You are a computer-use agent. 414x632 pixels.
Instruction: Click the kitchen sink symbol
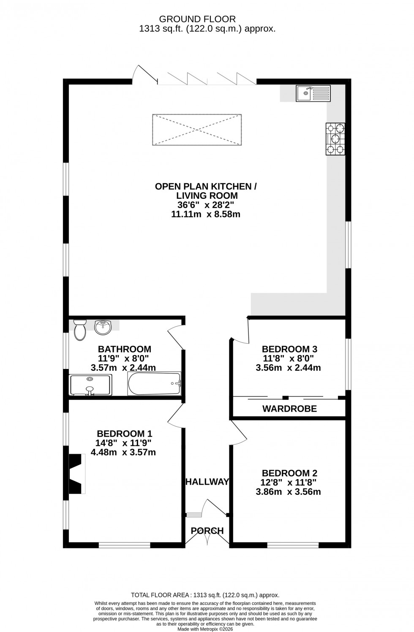click(313, 93)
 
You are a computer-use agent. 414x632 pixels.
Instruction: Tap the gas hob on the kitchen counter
click(335, 138)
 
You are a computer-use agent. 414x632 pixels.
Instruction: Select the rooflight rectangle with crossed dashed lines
click(197, 130)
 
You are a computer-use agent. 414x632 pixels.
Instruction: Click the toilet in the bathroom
click(79, 330)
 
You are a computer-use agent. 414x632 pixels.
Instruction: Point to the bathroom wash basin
click(103, 326)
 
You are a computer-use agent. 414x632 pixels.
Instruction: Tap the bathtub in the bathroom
click(154, 384)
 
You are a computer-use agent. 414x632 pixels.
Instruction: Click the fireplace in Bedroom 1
click(76, 473)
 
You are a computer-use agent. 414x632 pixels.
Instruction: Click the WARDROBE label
click(289, 409)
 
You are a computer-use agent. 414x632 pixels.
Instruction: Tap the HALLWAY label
click(207, 482)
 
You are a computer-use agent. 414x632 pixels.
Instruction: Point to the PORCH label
click(207, 531)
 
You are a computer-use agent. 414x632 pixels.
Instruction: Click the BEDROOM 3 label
click(289, 349)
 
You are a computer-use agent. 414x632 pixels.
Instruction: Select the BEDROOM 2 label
click(289, 473)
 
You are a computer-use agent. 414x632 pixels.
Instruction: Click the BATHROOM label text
click(125, 349)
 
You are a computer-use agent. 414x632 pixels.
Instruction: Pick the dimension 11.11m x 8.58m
click(205, 214)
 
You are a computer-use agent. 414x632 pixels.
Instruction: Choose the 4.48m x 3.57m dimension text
click(123, 453)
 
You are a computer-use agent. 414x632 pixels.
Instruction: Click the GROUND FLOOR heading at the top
click(197, 19)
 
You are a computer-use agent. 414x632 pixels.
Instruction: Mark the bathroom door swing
click(175, 334)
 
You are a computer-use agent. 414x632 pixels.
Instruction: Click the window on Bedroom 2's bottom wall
click(293, 545)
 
